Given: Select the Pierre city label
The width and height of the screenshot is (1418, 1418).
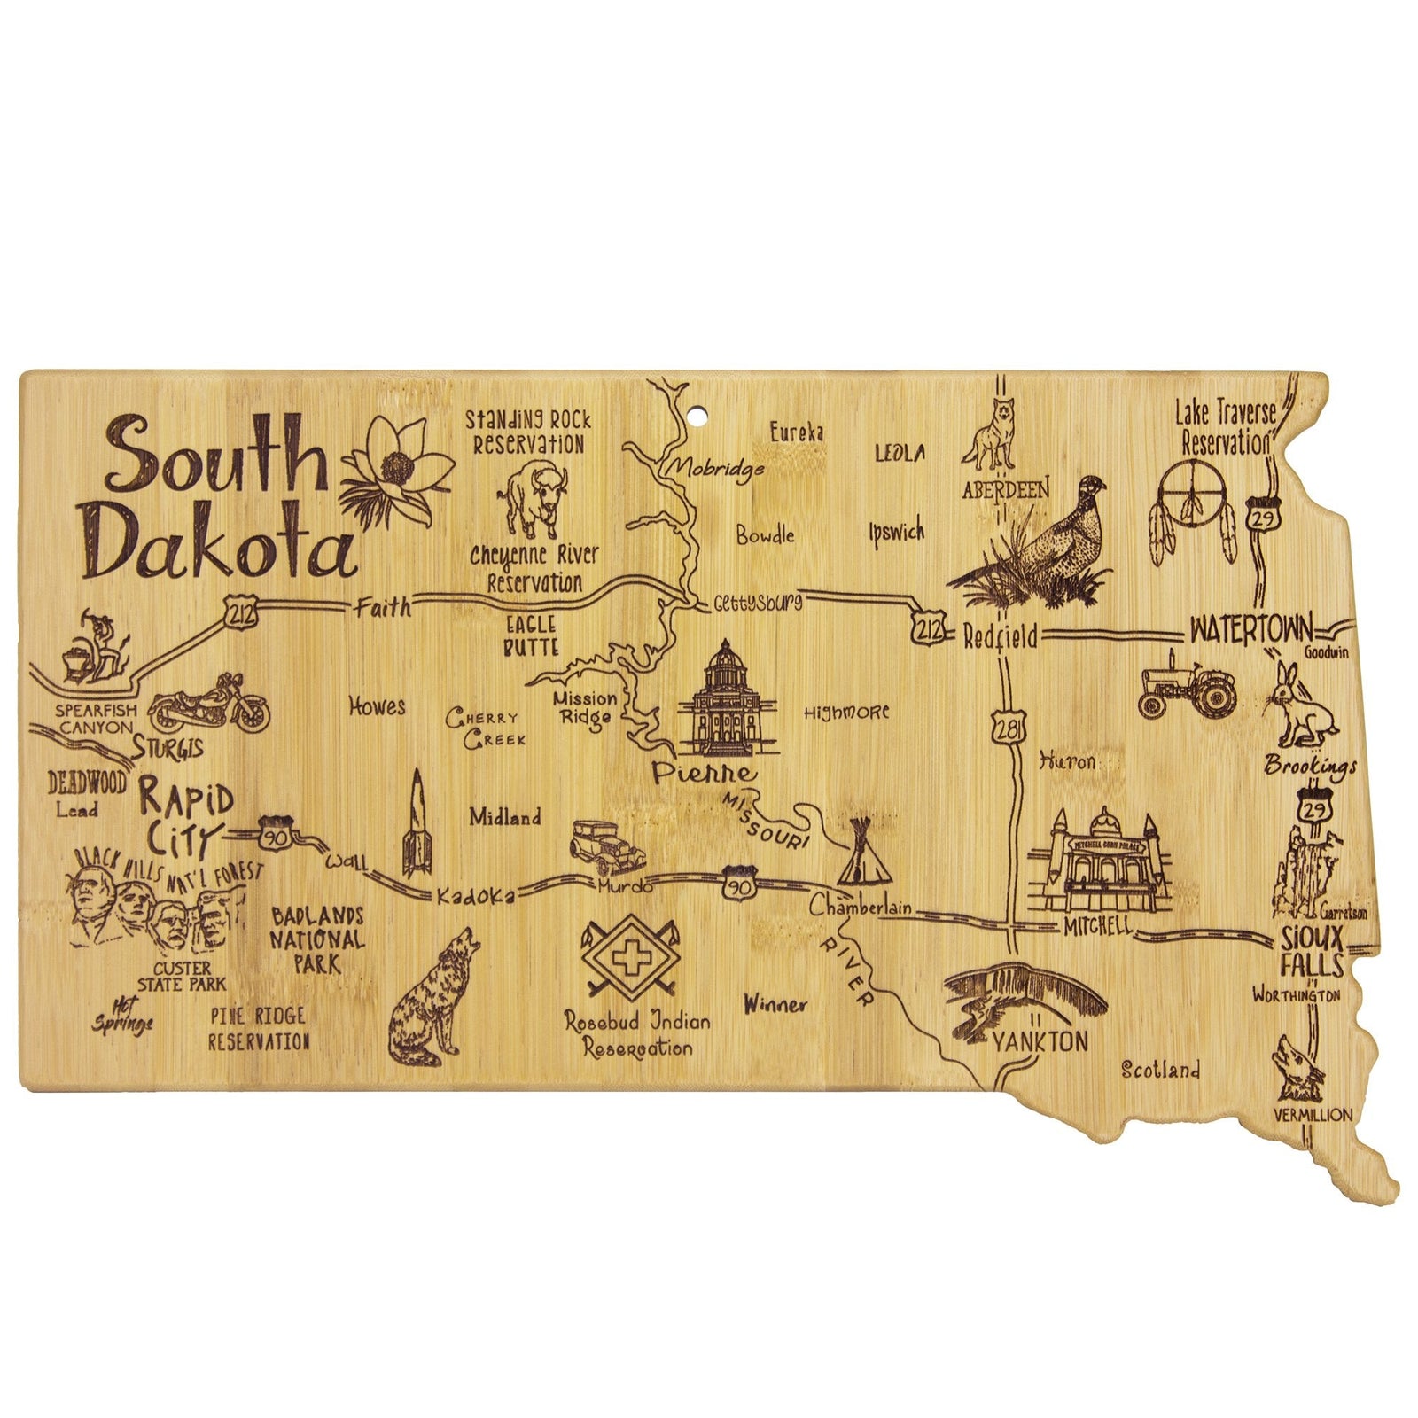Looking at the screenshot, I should pos(704,773).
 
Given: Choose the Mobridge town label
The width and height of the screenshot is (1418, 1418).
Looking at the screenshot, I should pos(717,466).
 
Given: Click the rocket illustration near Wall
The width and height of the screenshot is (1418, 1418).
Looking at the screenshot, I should pos(417,824).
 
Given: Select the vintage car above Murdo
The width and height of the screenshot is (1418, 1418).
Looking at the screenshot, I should pos(607,847).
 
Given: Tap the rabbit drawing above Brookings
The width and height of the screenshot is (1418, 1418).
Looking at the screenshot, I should pos(1300,709).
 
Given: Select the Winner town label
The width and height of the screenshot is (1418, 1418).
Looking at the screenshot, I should pos(775,1004).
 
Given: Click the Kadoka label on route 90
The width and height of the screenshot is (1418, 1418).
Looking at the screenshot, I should pos(474,897).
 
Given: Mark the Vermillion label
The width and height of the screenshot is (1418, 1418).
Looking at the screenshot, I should pos(1313,1115).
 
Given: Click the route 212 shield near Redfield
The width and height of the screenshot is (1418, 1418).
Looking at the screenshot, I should pos(926,627).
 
